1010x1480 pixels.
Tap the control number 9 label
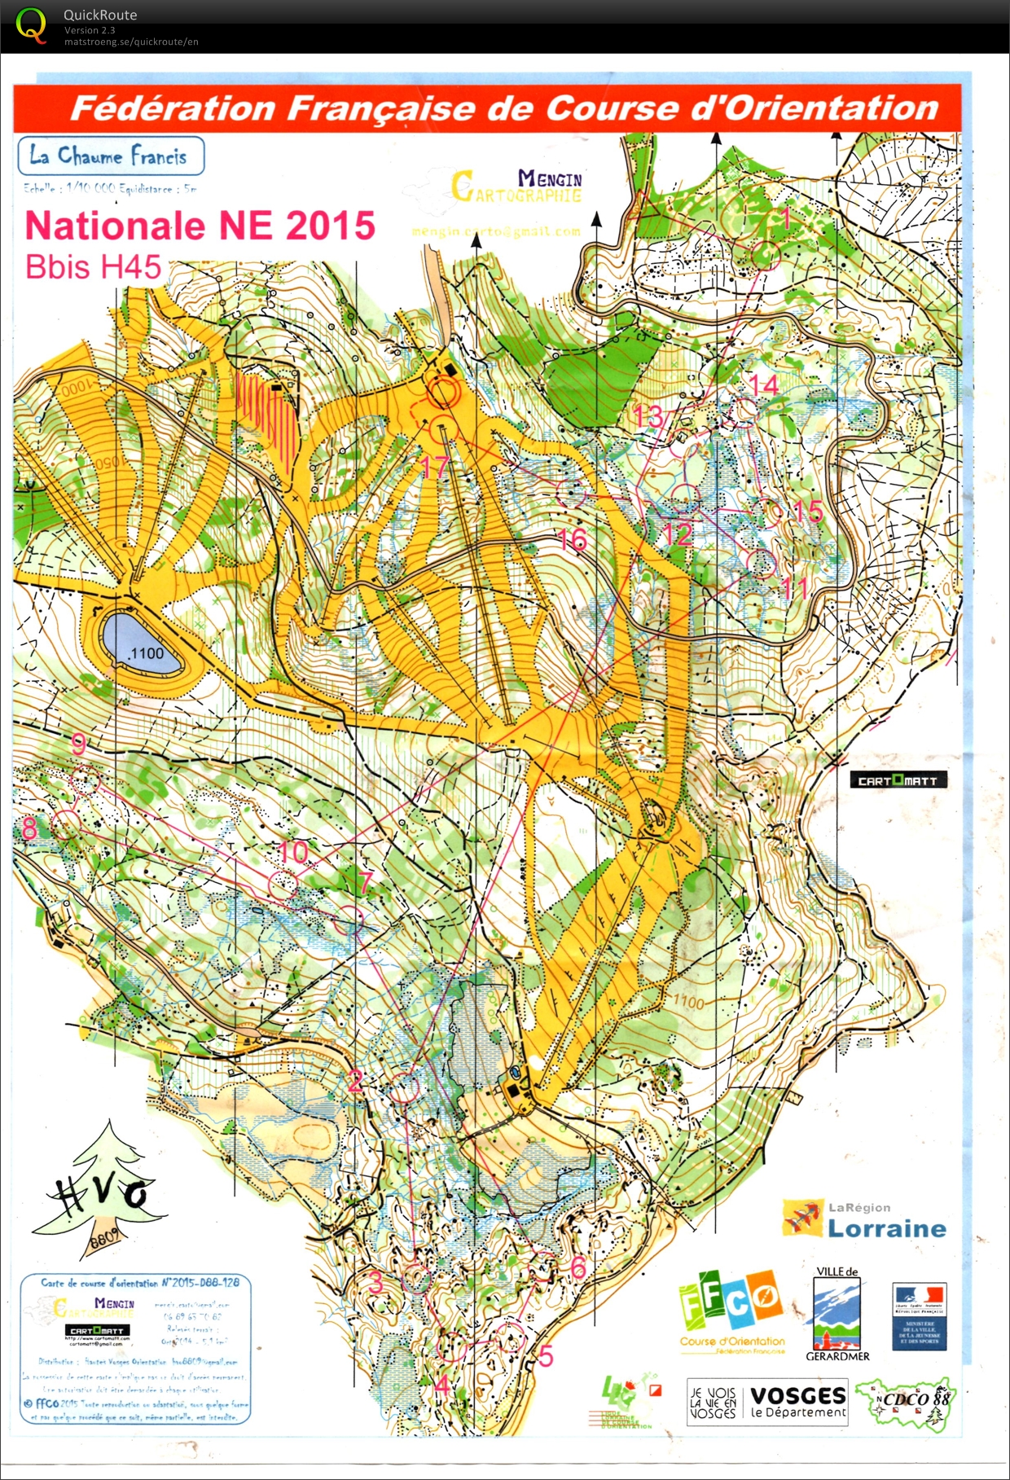(78, 743)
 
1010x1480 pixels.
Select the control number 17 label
(435, 467)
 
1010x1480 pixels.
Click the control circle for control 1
(766, 254)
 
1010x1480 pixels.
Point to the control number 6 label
(578, 1267)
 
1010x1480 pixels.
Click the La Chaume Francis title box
(110, 156)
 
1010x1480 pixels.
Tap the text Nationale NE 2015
(200, 226)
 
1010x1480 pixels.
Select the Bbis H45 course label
(93, 267)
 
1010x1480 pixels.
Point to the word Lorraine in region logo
(886, 1228)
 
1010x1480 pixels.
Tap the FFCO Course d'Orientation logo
(731, 1311)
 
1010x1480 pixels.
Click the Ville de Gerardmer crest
(837, 1313)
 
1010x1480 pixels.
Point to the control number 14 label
(763, 384)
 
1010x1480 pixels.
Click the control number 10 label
(294, 853)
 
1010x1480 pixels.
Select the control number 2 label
(355, 1081)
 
